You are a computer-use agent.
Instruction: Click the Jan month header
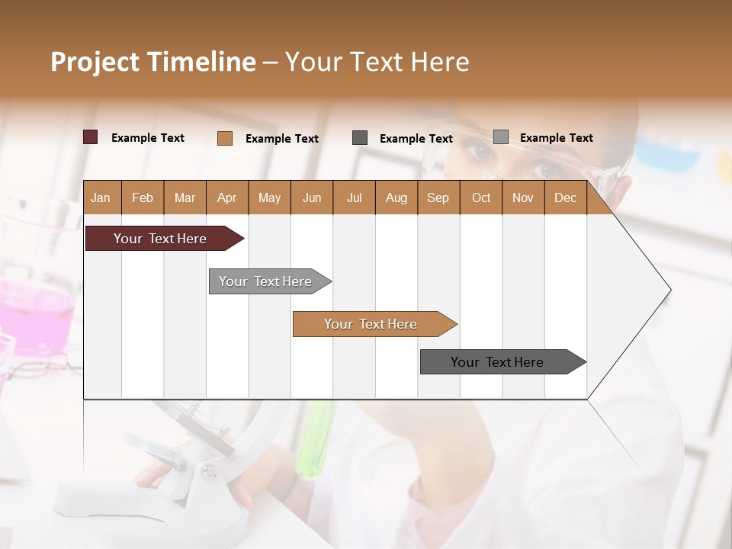[x=101, y=197]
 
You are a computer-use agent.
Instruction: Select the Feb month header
[x=143, y=197]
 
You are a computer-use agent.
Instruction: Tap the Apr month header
[x=226, y=197]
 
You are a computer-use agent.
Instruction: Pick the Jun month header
[x=312, y=197]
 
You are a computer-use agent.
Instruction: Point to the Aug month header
[x=396, y=197]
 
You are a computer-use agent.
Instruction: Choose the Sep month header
[x=438, y=197]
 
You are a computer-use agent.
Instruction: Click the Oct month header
[x=481, y=197]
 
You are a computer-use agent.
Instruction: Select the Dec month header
[x=565, y=197]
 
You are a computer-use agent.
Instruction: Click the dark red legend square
[x=91, y=137]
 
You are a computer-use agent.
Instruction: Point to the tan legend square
[x=225, y=138]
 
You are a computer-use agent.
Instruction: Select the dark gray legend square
[x=360, y=138]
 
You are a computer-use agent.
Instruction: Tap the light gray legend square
[x=501, y=137]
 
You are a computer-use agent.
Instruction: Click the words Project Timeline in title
[x=153, y=62]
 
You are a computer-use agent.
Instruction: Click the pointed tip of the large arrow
[x=669, y=290]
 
